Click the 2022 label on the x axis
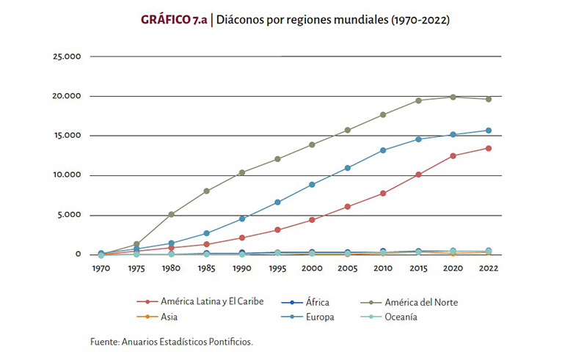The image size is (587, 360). [488, 268]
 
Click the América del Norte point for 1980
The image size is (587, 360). [172, 214]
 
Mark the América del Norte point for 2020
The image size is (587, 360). [453, 97]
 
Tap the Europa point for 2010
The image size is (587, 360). [383, 150]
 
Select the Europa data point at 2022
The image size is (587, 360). [488, 131]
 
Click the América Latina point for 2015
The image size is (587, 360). [418, 175]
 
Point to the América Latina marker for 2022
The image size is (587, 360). [488, 148]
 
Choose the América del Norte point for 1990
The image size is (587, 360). [242, 172]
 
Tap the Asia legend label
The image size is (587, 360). [170, 317]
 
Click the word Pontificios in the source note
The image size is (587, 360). [230, 342]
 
